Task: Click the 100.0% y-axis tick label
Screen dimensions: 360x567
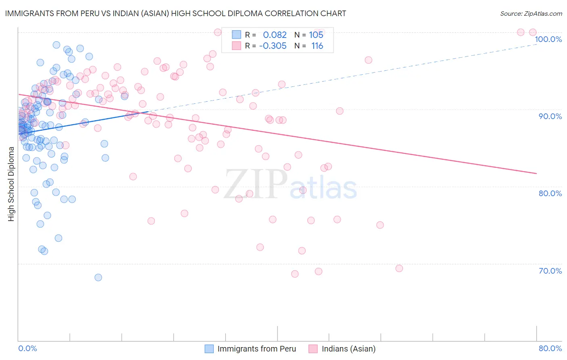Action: [548, 39]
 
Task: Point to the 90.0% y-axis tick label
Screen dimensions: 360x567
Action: [550, 116]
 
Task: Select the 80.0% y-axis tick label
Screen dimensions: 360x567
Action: [550, 193]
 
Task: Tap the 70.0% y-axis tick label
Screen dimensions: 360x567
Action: [550, 271]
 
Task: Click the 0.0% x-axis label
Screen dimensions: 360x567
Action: [27, 348]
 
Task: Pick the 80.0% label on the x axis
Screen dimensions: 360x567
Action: [550, 348]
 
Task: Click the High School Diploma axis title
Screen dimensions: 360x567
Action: [11, 184]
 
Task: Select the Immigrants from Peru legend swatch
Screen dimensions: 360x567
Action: [209, 349]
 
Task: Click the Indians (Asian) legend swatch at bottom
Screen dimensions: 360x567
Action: [313, 349]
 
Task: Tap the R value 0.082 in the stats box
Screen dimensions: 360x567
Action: [275, 35]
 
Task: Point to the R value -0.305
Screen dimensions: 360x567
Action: [273, 46]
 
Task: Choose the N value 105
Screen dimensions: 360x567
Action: [316, 35]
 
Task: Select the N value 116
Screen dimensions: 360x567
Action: [317, 46]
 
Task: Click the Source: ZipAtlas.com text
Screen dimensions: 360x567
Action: [531, 14]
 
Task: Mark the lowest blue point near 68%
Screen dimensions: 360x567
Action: [98, 277]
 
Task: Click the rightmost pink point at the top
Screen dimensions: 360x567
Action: [532, 32]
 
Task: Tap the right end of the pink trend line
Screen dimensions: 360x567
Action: [536, 173]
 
